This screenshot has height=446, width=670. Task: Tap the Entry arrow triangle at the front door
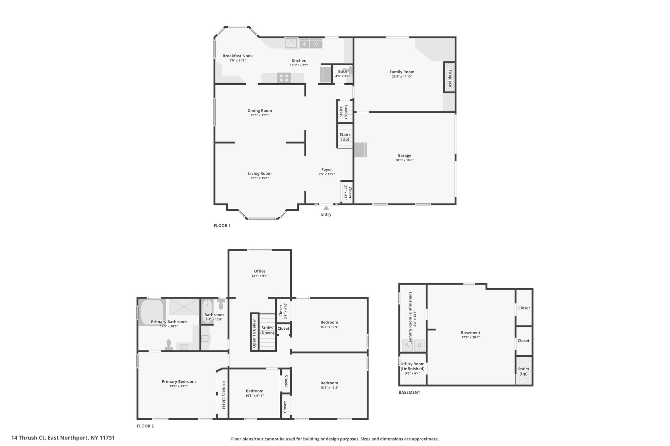point(326,208)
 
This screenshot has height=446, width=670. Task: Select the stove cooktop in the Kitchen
point(284,78)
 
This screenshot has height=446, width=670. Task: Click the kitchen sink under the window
point(291,43)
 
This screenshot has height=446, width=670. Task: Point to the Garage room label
point(404,156)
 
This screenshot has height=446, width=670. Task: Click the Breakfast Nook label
point(238,56)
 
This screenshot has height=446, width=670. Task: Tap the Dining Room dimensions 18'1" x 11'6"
point(260,115)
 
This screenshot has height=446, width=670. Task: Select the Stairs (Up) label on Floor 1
point(345,137)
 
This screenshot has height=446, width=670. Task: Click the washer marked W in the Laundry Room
point(407,345)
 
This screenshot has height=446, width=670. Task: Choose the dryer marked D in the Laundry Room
point(420,345)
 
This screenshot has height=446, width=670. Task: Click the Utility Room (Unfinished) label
point(413,366)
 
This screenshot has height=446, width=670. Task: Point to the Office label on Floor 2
point(260,271)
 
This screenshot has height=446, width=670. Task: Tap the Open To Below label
point(254,333)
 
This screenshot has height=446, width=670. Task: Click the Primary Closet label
point(224,395)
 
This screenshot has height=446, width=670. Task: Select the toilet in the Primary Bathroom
point(169,345)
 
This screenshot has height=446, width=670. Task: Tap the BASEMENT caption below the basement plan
point(409,392)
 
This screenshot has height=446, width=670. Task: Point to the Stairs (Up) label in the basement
point(523,372)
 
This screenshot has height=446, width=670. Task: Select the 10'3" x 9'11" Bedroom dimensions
point(255,396)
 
